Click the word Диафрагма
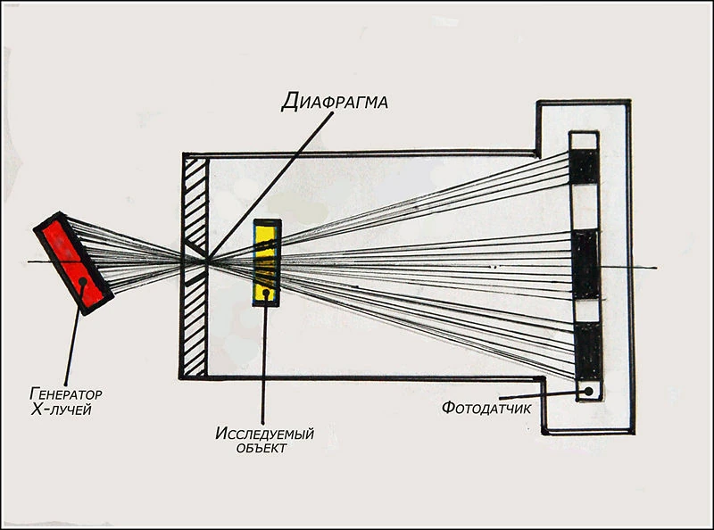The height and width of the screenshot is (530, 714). [x=334, y=101]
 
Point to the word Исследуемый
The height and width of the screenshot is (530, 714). [x=265, y=435]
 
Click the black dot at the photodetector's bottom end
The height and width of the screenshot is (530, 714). [x=586, y=391]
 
